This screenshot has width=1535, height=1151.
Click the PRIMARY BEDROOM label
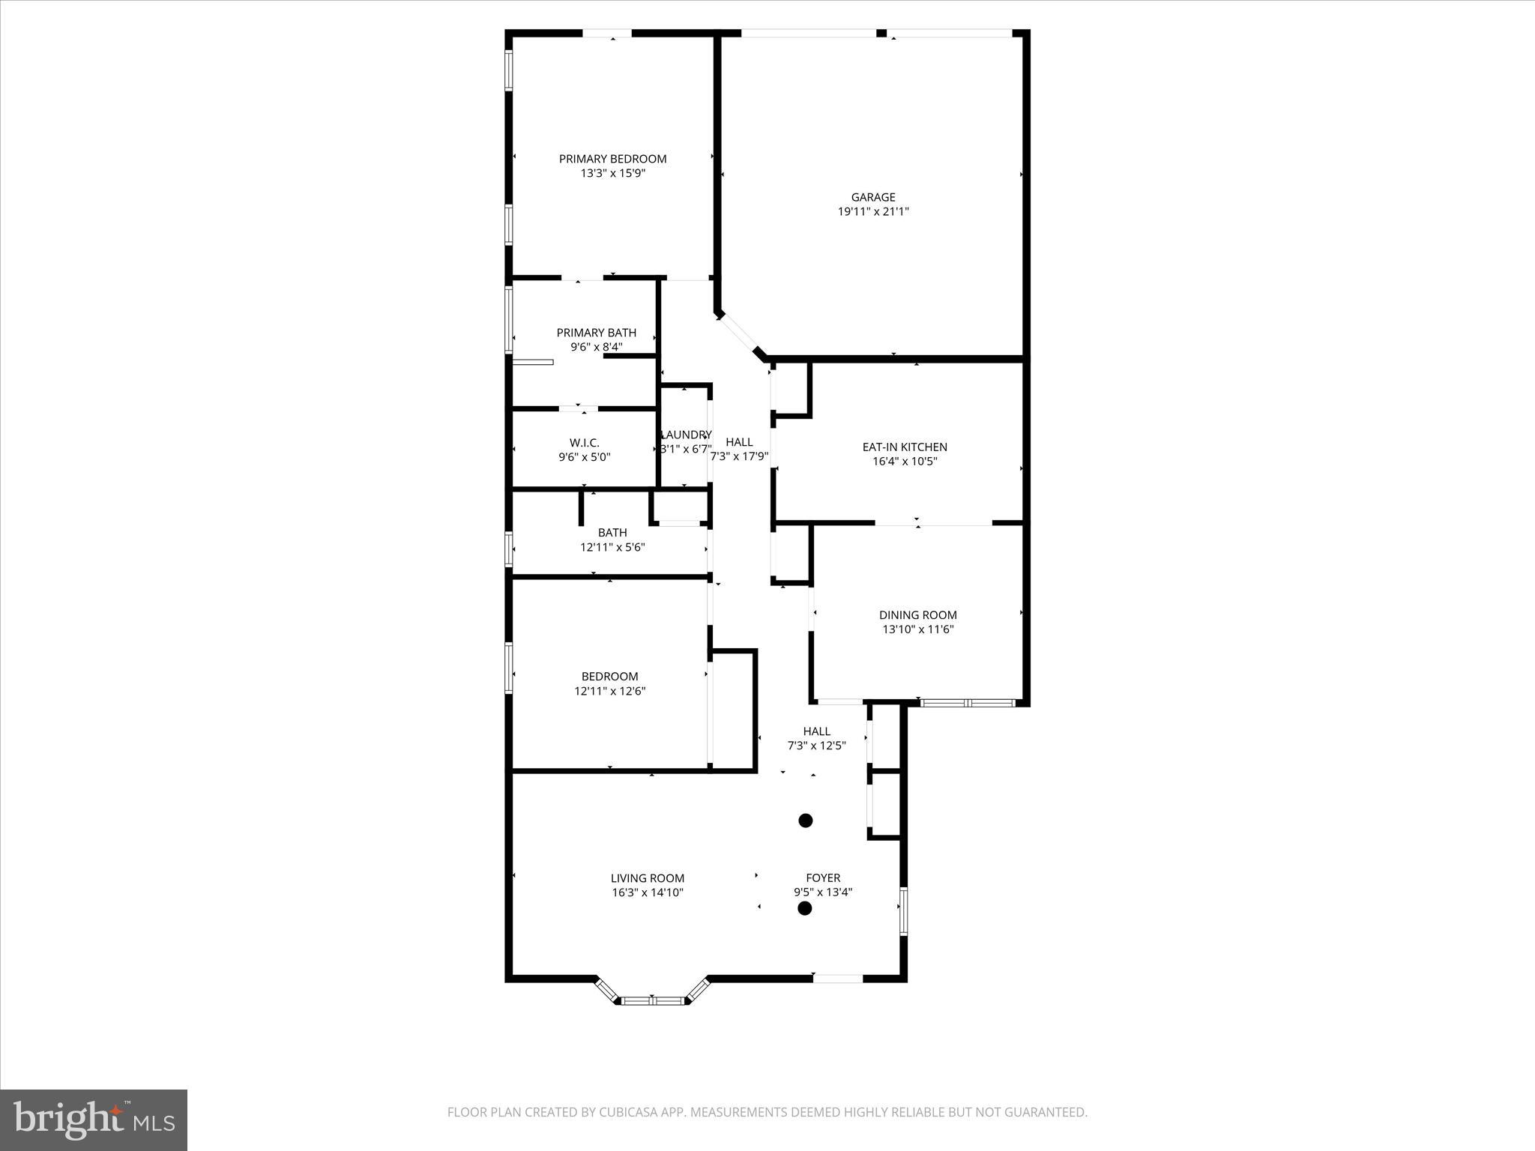click(612, 159)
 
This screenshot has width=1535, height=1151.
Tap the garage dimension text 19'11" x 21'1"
click(873, 212)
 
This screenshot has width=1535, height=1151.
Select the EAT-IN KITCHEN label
click(905, 447)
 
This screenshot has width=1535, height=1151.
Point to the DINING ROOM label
click(917, 615)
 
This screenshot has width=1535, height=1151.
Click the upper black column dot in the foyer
click(806, 821)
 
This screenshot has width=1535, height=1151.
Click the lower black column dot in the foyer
click(805, 908)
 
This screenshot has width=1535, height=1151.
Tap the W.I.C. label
click(584, 443)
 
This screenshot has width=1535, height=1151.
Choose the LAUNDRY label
click(686, 435)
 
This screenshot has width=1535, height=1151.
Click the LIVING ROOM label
click(647, 878)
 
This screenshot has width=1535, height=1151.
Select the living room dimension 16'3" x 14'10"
click(647, 892)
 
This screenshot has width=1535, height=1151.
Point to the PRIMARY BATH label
click(596, 333)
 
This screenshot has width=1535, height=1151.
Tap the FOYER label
click(823, 878)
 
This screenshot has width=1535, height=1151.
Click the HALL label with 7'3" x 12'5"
click(816, 731)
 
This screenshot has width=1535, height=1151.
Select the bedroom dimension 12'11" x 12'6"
click(609, 691)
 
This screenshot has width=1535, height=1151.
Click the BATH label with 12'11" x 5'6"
click(612, 533)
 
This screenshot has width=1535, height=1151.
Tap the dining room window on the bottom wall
click(967, 703)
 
